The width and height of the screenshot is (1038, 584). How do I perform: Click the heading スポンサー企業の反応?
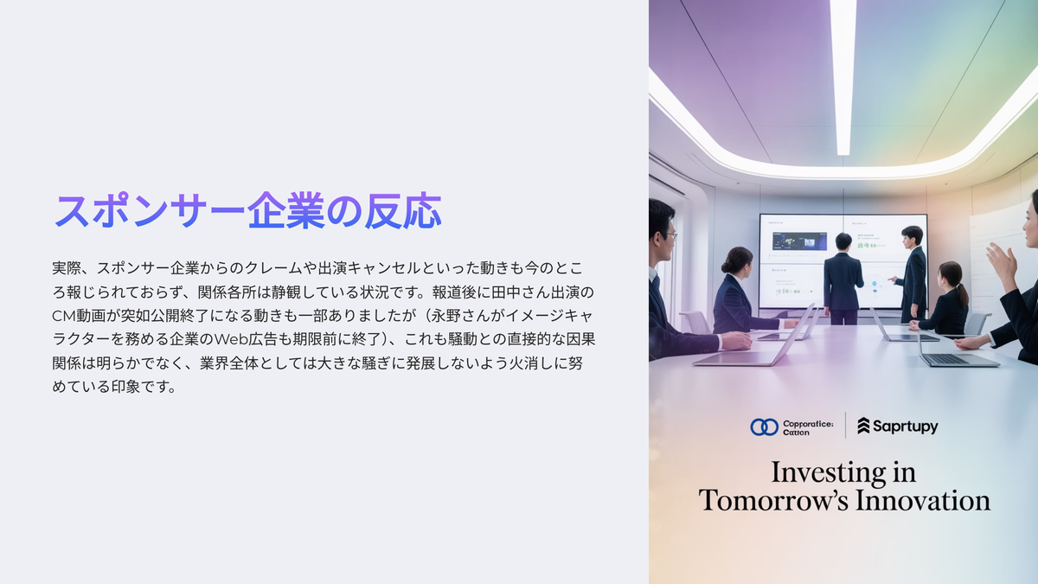pyautogui.click(x=248, y=211)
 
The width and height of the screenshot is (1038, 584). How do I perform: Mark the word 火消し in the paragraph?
pyautogui.click(x=531, y=363)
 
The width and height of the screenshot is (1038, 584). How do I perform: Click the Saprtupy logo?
pyautogui.click(x=898, y=426)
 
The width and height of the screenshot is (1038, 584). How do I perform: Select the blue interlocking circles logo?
pyautogui.click(x=764, y=427)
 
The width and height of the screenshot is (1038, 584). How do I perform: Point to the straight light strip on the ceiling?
pyautogui.click(x=843, y=76)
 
